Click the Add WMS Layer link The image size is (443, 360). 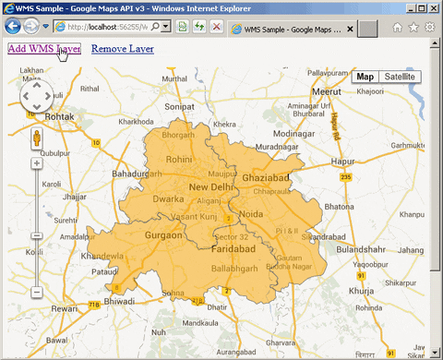pos(43,48)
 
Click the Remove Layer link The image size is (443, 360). pos(123,48)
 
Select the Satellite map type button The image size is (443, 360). pos(400,78)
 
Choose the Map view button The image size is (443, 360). pos(365,78)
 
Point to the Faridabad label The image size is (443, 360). pos(226,249)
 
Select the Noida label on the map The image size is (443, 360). pos(251,215)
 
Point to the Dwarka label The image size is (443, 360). pos(168,198)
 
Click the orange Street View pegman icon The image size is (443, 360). pos(36,138)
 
